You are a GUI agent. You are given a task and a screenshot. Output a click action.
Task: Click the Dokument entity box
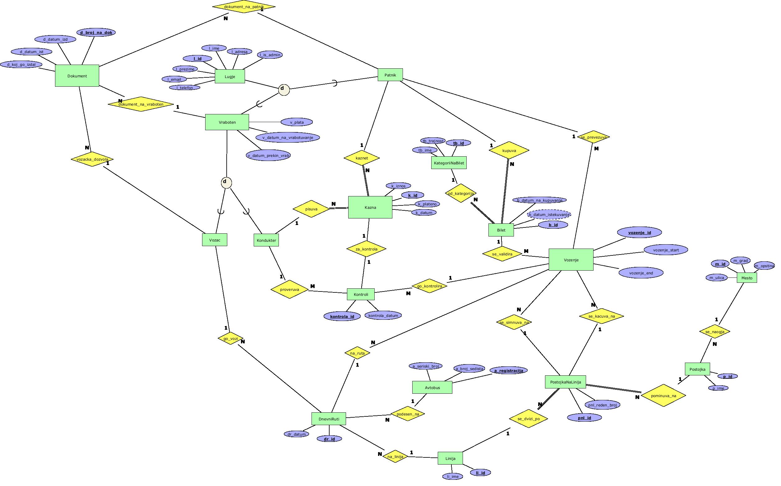point(77,76)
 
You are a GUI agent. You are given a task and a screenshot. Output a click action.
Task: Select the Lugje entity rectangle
point(229,76)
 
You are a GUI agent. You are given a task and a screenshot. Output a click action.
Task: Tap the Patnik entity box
point(390,75)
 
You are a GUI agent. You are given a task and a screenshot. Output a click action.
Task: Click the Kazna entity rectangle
point(370,207)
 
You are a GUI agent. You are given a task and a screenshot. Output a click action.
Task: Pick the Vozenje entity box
point(571,260)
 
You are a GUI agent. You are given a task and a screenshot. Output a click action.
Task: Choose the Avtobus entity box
point(432,387)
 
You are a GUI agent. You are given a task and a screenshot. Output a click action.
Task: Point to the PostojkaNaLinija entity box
point(565,382)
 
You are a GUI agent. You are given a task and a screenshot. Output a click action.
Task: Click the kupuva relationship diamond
point(509,150)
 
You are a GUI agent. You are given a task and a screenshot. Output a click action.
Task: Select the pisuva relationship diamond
point(311,209)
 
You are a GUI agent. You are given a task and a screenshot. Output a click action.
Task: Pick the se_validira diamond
point(502,254)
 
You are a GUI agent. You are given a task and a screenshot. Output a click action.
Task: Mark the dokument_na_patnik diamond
point(244,7)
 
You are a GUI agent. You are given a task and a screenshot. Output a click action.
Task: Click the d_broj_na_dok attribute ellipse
point(96,32)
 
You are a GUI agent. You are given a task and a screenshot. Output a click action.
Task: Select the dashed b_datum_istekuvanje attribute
point(549,214)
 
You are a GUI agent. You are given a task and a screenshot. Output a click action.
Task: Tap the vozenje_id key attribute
point(639,232)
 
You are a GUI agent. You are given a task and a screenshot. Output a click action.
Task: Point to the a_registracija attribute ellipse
point(508,371)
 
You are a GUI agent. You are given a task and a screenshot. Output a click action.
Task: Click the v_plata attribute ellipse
point(297,122)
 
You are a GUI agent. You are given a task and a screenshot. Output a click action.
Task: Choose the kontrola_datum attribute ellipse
point(383,315)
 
